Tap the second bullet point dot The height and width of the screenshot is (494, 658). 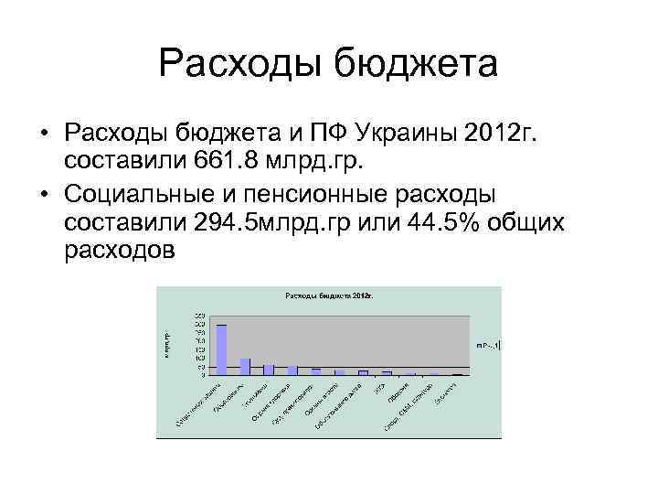pyautogui.click(x=44, y=195)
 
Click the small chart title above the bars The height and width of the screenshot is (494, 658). pyautogui.click(x=329, y=295)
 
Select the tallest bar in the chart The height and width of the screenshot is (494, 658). pyautogui.click(x=221, y=349)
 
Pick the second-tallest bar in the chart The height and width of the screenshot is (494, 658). pyautogui.click(x=245, y=366)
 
